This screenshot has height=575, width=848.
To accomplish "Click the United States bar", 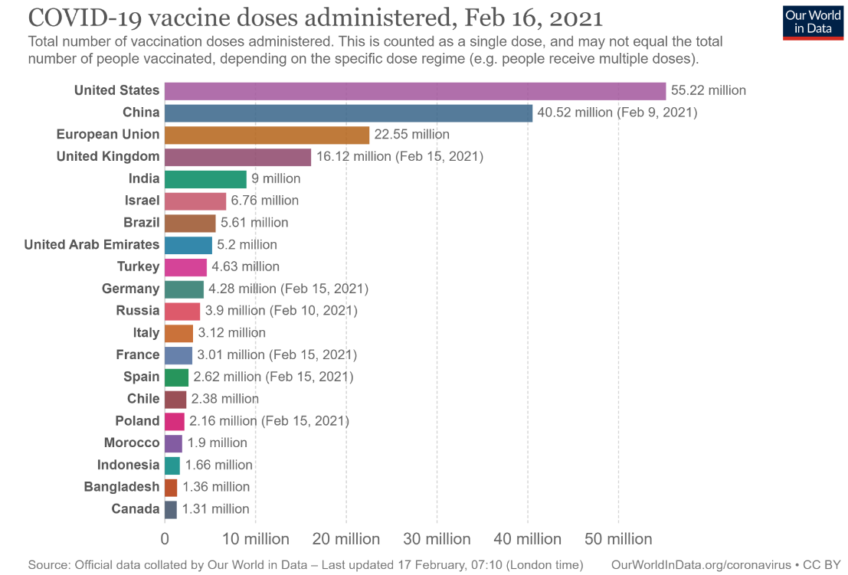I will pyautogui.click(x=415, y=90).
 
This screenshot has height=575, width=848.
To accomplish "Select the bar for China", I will pyautogui.click(x=349, y=113).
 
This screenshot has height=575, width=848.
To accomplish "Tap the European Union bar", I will pyautogui.click(x=267, y=135).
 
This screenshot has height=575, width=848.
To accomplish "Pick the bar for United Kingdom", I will pyautogui.click(x=237, y=157).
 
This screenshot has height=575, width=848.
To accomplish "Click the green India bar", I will pyautogui.click(x=205, y=179).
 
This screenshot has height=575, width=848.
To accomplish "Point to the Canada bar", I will pyautogui.click(x=171, y=509).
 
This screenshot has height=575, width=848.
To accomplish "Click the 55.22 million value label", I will pyautogui.click(x=708, y=90).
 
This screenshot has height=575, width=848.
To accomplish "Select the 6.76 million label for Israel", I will pyautogui.click(x=264, y=201).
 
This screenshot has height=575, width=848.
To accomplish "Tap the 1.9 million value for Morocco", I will pyautogui.click(x=218, y=443).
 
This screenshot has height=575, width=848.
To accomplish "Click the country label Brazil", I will pyautogui.click(x=142, y=223).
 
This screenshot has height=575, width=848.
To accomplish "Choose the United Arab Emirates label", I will pyautogui.click(x=92, y=245).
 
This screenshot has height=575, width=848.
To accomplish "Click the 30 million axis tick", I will pyautogui.click(x=437, y=539).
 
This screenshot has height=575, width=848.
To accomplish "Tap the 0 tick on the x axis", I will pyautogui.click(x=165, y=539).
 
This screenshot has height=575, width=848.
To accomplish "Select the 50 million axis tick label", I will pyautogui.click(x=618, y=539).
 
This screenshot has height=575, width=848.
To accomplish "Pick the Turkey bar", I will pyautogui.click(x=185, y=267).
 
